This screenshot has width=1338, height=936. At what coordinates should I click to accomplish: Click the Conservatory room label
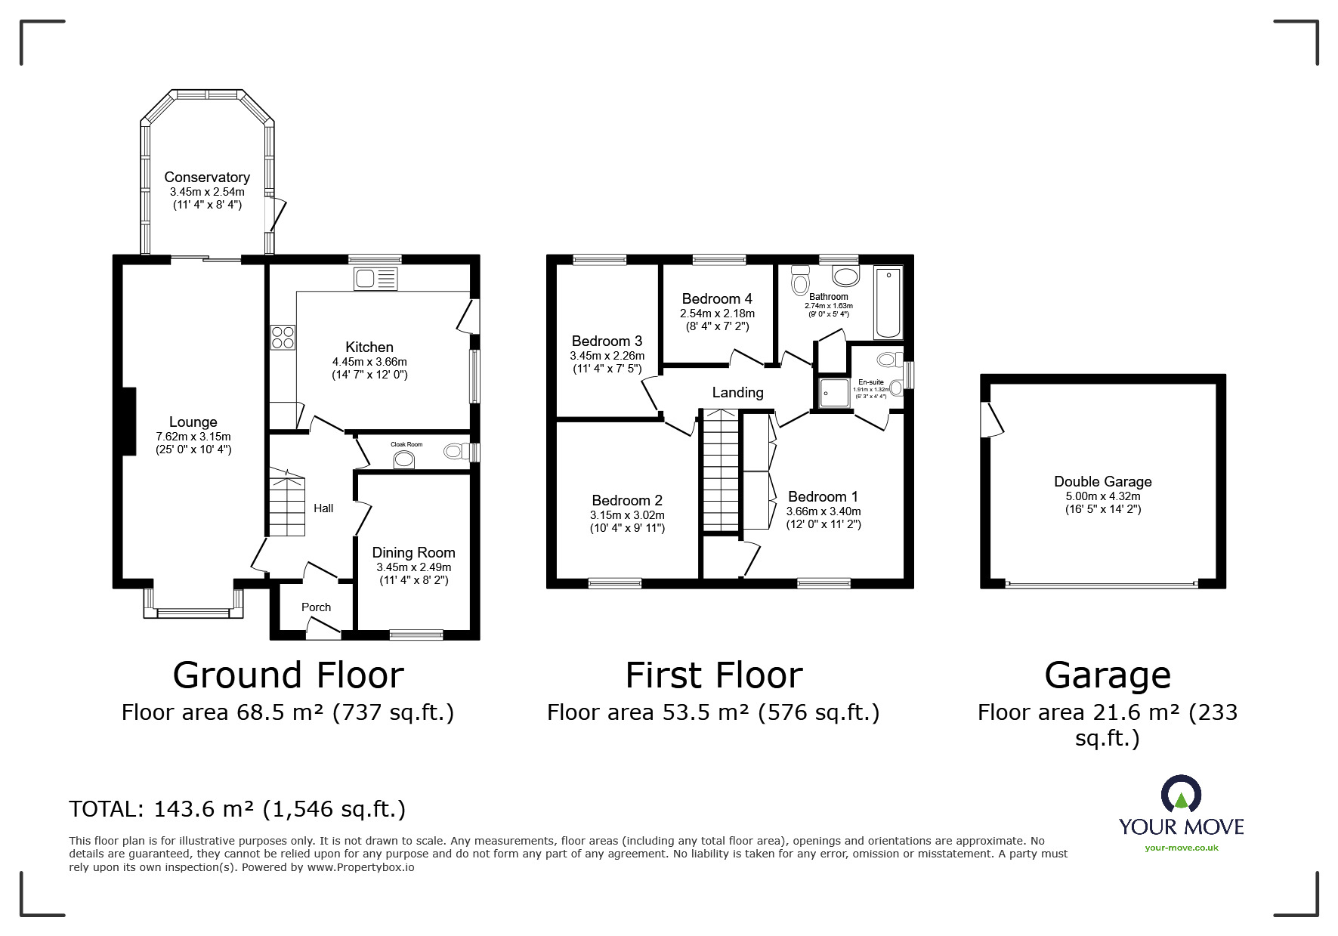click(207, 177)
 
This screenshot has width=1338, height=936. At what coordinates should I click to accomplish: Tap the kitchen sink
click(375, 279)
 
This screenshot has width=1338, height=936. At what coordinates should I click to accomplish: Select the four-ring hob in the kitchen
click(283, 337)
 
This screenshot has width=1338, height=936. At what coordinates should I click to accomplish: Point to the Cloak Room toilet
click(453, 452)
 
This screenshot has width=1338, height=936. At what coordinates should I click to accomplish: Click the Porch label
click(316, 607)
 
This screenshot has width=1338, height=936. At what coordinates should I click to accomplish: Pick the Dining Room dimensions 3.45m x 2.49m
click(413, 567)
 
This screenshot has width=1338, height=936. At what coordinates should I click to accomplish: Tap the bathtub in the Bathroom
click(888, 302)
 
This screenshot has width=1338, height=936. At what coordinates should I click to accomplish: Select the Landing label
click(737, 392)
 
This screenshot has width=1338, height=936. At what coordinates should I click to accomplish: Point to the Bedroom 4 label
click(717, 298)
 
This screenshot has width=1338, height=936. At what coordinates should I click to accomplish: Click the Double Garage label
click(1103, 481)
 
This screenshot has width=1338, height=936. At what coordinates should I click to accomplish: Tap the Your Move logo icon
click(1181, 795)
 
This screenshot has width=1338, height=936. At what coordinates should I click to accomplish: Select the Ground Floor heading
click(288, 675)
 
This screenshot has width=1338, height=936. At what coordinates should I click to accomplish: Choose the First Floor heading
click(714, 675)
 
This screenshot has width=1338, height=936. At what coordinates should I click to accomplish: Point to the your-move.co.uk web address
click(1182, 848)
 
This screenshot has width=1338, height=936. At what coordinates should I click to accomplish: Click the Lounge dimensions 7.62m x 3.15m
click(193, 437)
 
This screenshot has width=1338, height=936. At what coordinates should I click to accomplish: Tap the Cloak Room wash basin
click(405, 460)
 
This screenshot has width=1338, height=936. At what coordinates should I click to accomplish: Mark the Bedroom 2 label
click(627, 500)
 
